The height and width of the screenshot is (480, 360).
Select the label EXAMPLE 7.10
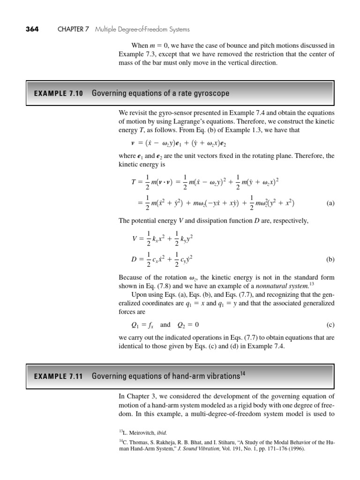pos(58,93)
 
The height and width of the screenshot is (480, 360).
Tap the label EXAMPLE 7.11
pos(58,376)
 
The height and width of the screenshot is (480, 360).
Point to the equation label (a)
pos(330,203)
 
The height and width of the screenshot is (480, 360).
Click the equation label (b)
pos(330,259)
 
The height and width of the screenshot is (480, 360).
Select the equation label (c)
pos(330,324)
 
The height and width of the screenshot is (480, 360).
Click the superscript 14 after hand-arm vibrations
pos(242,373)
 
